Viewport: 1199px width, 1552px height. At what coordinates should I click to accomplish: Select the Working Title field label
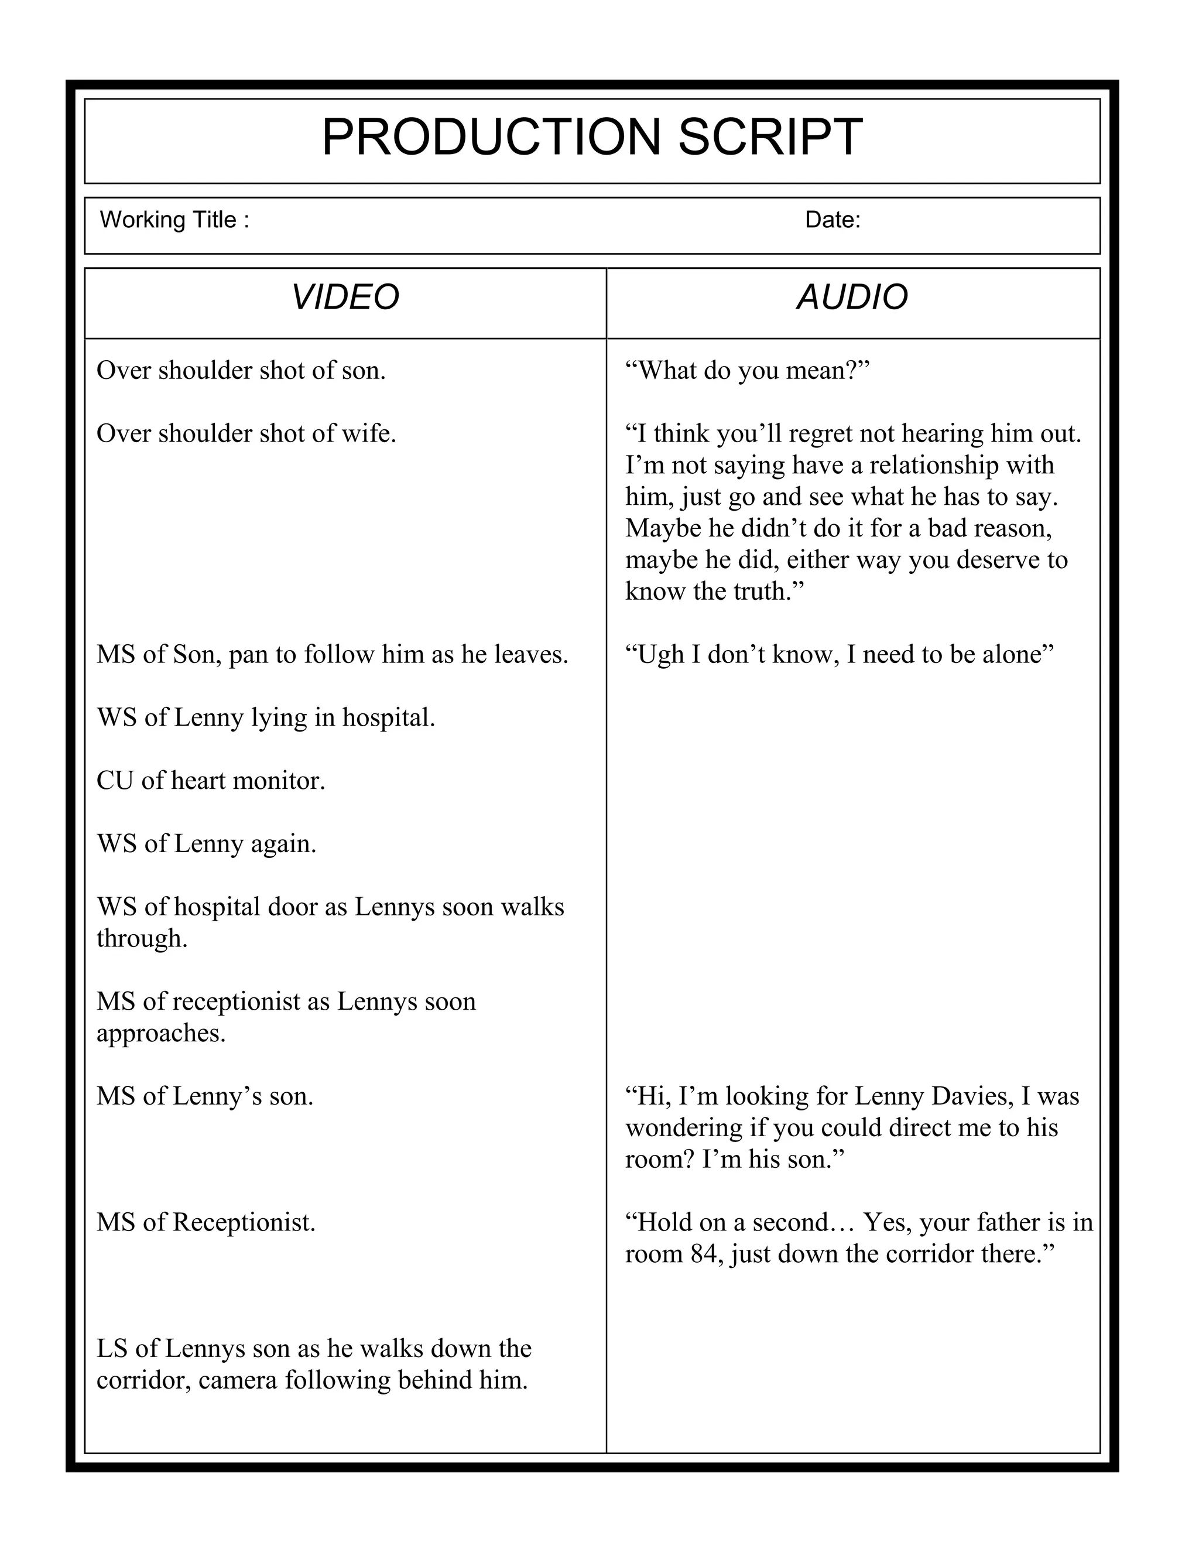tap(174, 220)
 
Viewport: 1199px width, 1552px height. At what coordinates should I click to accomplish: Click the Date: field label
tap(833, 220)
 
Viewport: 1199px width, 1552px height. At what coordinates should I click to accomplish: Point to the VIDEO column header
tap(345, 297)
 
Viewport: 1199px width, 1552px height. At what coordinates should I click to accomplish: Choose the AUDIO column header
tap(852, 297)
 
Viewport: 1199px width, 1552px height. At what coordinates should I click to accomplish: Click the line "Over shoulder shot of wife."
tap(246, 433)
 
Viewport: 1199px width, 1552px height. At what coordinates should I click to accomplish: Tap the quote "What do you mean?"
tap(747, 370)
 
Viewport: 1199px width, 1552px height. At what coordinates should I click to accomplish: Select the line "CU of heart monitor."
tap(210, 781)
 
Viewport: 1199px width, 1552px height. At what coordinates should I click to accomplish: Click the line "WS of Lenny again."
tap(206, 844)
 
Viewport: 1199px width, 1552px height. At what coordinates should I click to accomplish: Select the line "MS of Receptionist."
tap(206, 1222)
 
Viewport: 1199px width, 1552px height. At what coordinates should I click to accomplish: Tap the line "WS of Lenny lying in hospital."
tap(266, 718)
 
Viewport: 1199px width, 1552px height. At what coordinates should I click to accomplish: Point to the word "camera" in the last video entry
tap(237, 1381)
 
